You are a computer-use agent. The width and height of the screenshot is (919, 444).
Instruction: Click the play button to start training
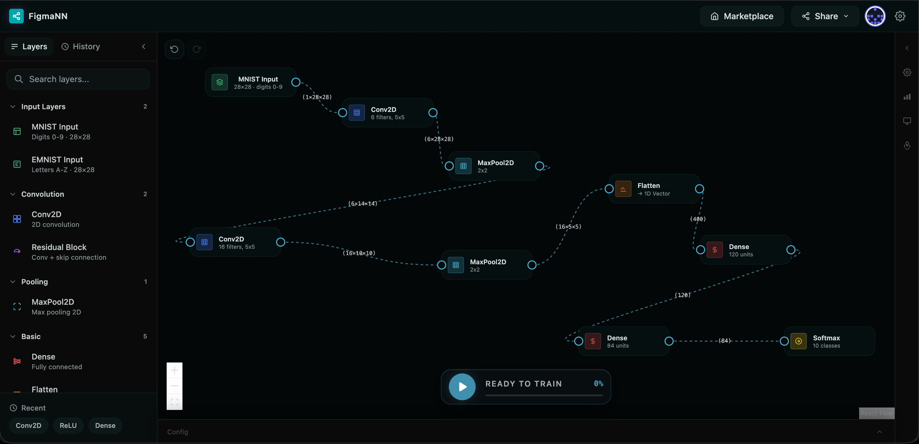tap(462, 387)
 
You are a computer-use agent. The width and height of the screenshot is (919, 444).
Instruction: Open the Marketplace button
tap(742, 16)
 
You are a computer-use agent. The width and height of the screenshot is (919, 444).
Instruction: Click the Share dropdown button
tap(825, 16)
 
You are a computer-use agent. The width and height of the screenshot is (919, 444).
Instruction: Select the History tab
tap(81, 46)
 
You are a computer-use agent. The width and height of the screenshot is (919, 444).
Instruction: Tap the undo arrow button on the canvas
tap(174, 49)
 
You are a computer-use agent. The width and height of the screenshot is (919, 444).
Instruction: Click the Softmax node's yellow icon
tap(798, 341)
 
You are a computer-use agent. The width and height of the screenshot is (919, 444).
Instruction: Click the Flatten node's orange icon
tap(623, 189)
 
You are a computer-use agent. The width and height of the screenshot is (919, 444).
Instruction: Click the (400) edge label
tap(698, 219)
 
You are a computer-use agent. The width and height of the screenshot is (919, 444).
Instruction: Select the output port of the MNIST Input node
tap(296, 82)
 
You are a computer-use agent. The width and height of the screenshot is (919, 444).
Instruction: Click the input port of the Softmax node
tap(784, 341)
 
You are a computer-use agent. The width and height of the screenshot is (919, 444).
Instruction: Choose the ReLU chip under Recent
tap(68, 425)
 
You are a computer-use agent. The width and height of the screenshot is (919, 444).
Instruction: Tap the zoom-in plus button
tap(175, 370)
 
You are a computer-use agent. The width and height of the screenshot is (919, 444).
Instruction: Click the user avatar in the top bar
tap(875, 16)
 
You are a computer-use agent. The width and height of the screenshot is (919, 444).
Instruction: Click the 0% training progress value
tap(598, 383)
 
